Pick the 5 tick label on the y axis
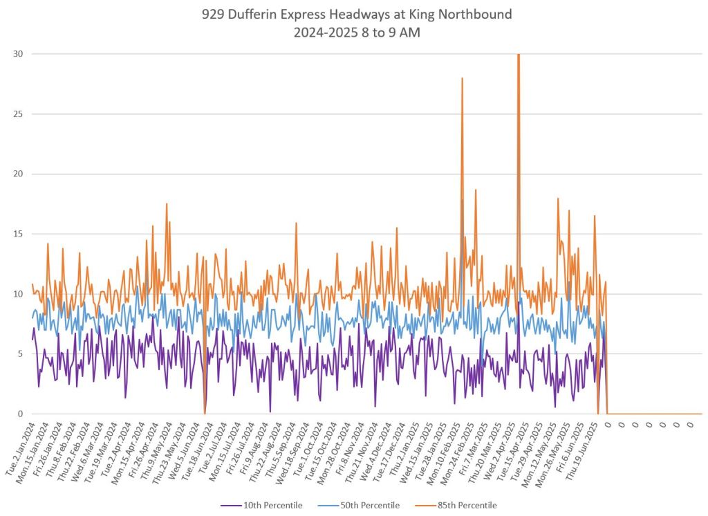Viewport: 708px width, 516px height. click(20, 354)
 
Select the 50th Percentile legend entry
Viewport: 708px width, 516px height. click(358, 506)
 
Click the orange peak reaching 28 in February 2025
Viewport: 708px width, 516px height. click(462, 79)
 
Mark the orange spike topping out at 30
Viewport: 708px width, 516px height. click(518, 55)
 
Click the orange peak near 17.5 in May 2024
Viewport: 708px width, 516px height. click(166, 204)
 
